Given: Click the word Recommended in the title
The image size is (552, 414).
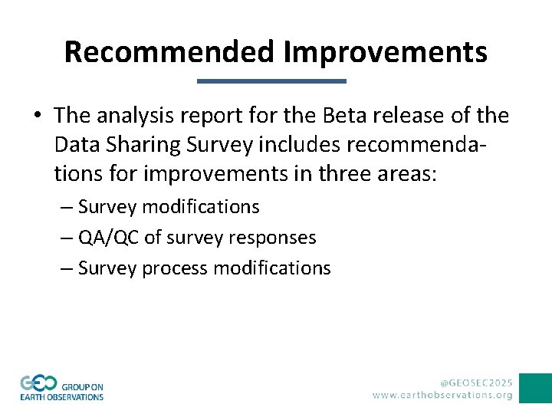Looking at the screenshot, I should click(169, 52).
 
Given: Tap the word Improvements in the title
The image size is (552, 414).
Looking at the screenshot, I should click(385, 52).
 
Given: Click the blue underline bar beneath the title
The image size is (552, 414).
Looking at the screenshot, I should click(272, 80).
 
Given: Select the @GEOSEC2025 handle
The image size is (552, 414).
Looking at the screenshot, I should click(475, 381).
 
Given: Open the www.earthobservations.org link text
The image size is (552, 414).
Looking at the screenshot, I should click(442, 395).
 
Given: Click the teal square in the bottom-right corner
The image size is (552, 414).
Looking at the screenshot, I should click(535, 388).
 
